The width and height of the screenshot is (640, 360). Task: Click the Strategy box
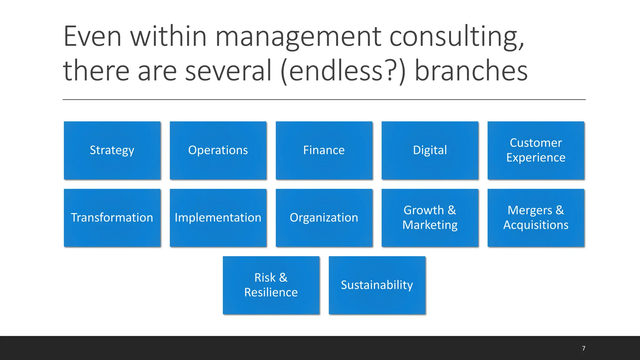tap(112, 150)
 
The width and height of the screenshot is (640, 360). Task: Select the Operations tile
tap(218, 150)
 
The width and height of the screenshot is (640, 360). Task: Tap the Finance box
tap(324, 150)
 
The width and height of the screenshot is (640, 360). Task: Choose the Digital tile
tap(430, 150)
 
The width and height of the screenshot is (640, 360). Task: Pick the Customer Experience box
tap(536, 150)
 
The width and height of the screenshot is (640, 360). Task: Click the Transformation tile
tap(112, 218)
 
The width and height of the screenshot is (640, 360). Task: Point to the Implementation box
tap(218, 218)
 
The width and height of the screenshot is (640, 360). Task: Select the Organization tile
tap(324, 218)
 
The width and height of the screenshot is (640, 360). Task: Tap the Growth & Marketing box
tap(430, 218)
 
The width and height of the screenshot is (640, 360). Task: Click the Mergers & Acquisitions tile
tap(536, 218)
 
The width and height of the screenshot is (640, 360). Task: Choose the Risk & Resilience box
tap(271, 285)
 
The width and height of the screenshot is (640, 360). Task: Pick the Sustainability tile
tap(377, 285)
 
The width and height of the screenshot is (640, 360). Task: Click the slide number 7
tap(583, 348)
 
